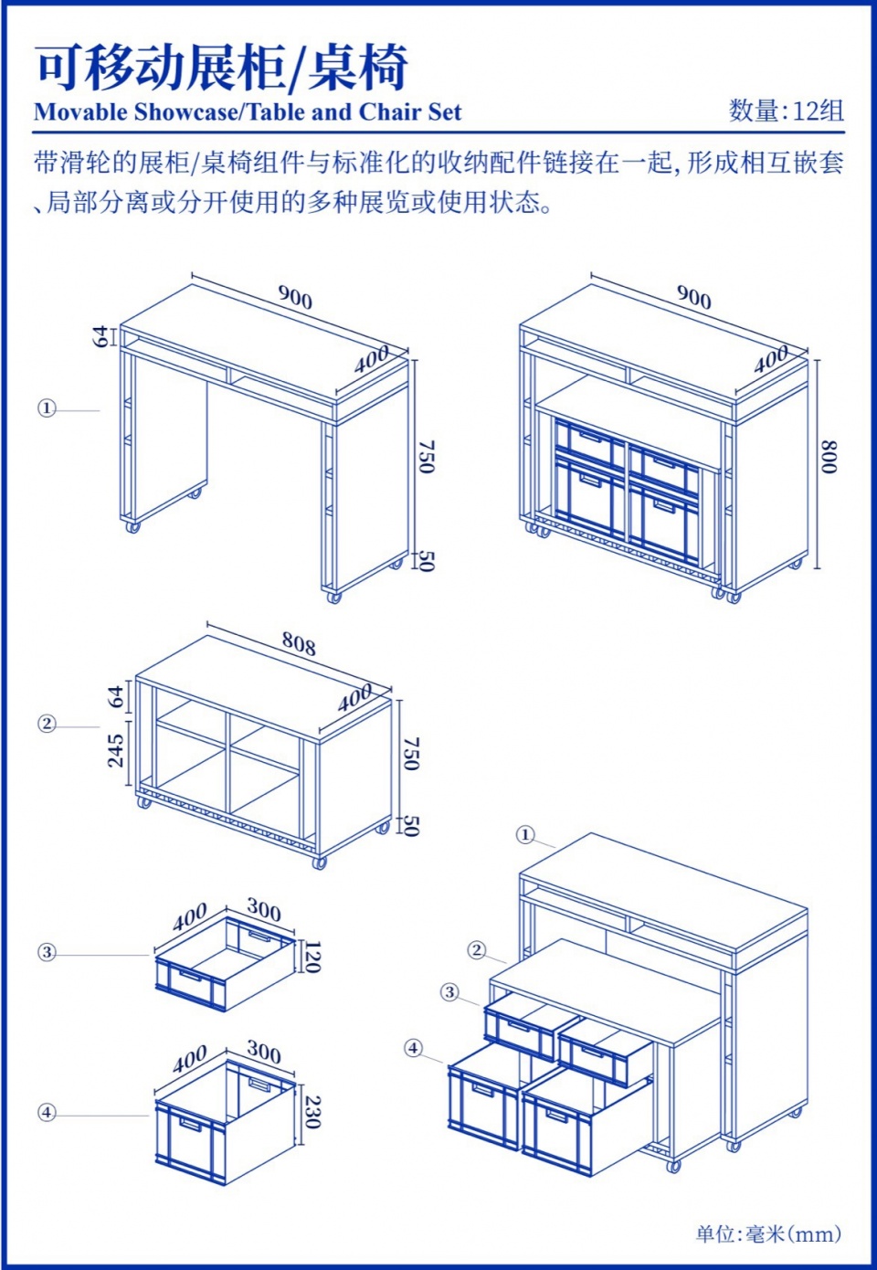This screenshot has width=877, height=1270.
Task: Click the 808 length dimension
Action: [x=299, y=643]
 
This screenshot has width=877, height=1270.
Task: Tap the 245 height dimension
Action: [x=116, y=750]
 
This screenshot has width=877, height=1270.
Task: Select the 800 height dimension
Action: [x=829, y=457]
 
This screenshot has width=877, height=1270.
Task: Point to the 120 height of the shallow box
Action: [x=312, y=957]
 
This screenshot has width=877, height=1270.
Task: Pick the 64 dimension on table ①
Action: [x=100, y=336]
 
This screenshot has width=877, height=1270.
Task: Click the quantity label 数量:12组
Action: [x=786, y=111]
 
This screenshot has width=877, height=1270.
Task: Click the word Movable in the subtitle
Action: [x=80, y=111]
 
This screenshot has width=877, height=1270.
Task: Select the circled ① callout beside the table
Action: [x=48, y=408]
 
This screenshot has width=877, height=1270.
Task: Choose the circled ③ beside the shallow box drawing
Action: [x=48, y=952]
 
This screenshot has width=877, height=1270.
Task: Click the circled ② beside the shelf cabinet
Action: [x=48, y=724]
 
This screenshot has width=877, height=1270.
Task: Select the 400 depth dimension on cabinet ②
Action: [x=355, y=697]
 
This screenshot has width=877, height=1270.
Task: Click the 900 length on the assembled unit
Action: [x=693, y=297]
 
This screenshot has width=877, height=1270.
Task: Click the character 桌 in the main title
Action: [x=333, y=68]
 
